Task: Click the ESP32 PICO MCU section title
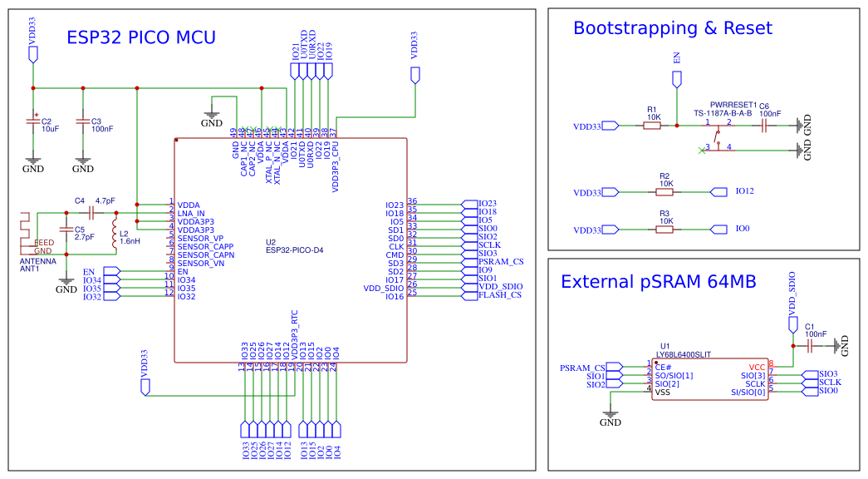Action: point(141,37)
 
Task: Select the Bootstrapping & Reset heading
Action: point(672,28)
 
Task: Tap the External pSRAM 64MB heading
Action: point(658,282)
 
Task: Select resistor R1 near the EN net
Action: point(654,126)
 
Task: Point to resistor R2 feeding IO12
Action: point(664,192)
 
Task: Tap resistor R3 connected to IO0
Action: point(664,229)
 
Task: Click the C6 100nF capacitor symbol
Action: point(764,126)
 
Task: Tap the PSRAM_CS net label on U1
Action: point(582,368)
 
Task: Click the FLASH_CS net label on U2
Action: point(500,295)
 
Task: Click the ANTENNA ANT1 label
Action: point(38,264)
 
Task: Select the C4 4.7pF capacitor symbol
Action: point(88,213)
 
